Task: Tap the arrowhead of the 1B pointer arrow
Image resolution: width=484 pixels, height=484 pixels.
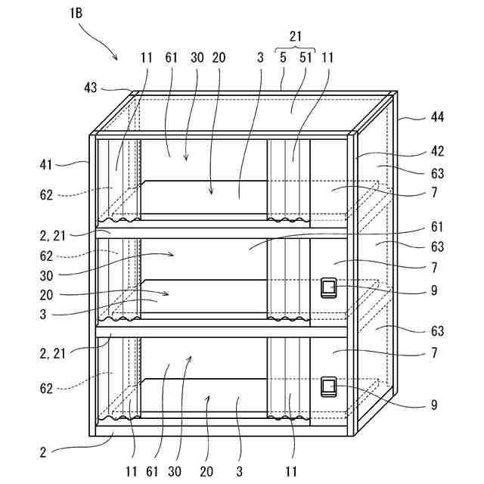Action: point(116,58)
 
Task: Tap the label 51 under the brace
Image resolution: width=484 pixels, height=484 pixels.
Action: point(306,57)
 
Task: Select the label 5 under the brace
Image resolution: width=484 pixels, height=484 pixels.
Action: point(283,57)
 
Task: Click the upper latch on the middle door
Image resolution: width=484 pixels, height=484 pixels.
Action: point(329,288)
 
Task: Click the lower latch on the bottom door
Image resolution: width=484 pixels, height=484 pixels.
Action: point(329,387)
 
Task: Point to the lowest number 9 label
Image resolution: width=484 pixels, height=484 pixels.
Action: point(433,405)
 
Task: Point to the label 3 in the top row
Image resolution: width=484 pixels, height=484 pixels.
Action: point(259,57)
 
